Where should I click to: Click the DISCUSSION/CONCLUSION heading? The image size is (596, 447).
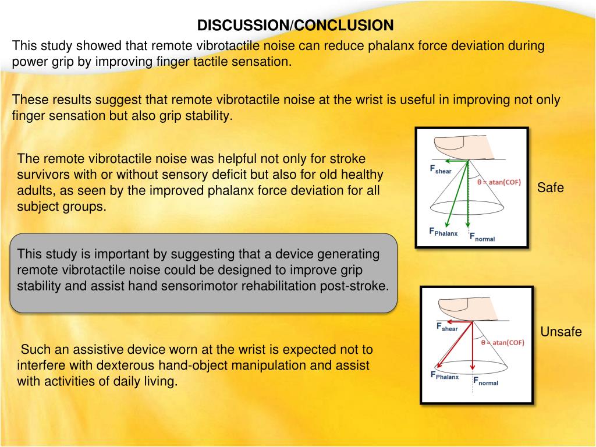295,26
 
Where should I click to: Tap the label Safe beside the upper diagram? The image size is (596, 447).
550,188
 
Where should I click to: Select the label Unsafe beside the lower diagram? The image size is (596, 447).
561,332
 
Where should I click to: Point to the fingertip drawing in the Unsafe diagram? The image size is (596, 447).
459,307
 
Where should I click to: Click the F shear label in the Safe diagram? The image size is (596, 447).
441,169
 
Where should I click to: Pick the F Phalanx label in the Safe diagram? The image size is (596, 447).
443,232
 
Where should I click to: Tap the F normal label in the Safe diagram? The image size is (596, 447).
482,237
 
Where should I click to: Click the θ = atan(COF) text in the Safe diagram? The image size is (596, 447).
499,182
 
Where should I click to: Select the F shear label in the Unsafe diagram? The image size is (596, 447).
447,328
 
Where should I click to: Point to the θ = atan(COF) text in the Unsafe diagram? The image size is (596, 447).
502,343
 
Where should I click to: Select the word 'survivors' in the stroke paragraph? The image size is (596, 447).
41,174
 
